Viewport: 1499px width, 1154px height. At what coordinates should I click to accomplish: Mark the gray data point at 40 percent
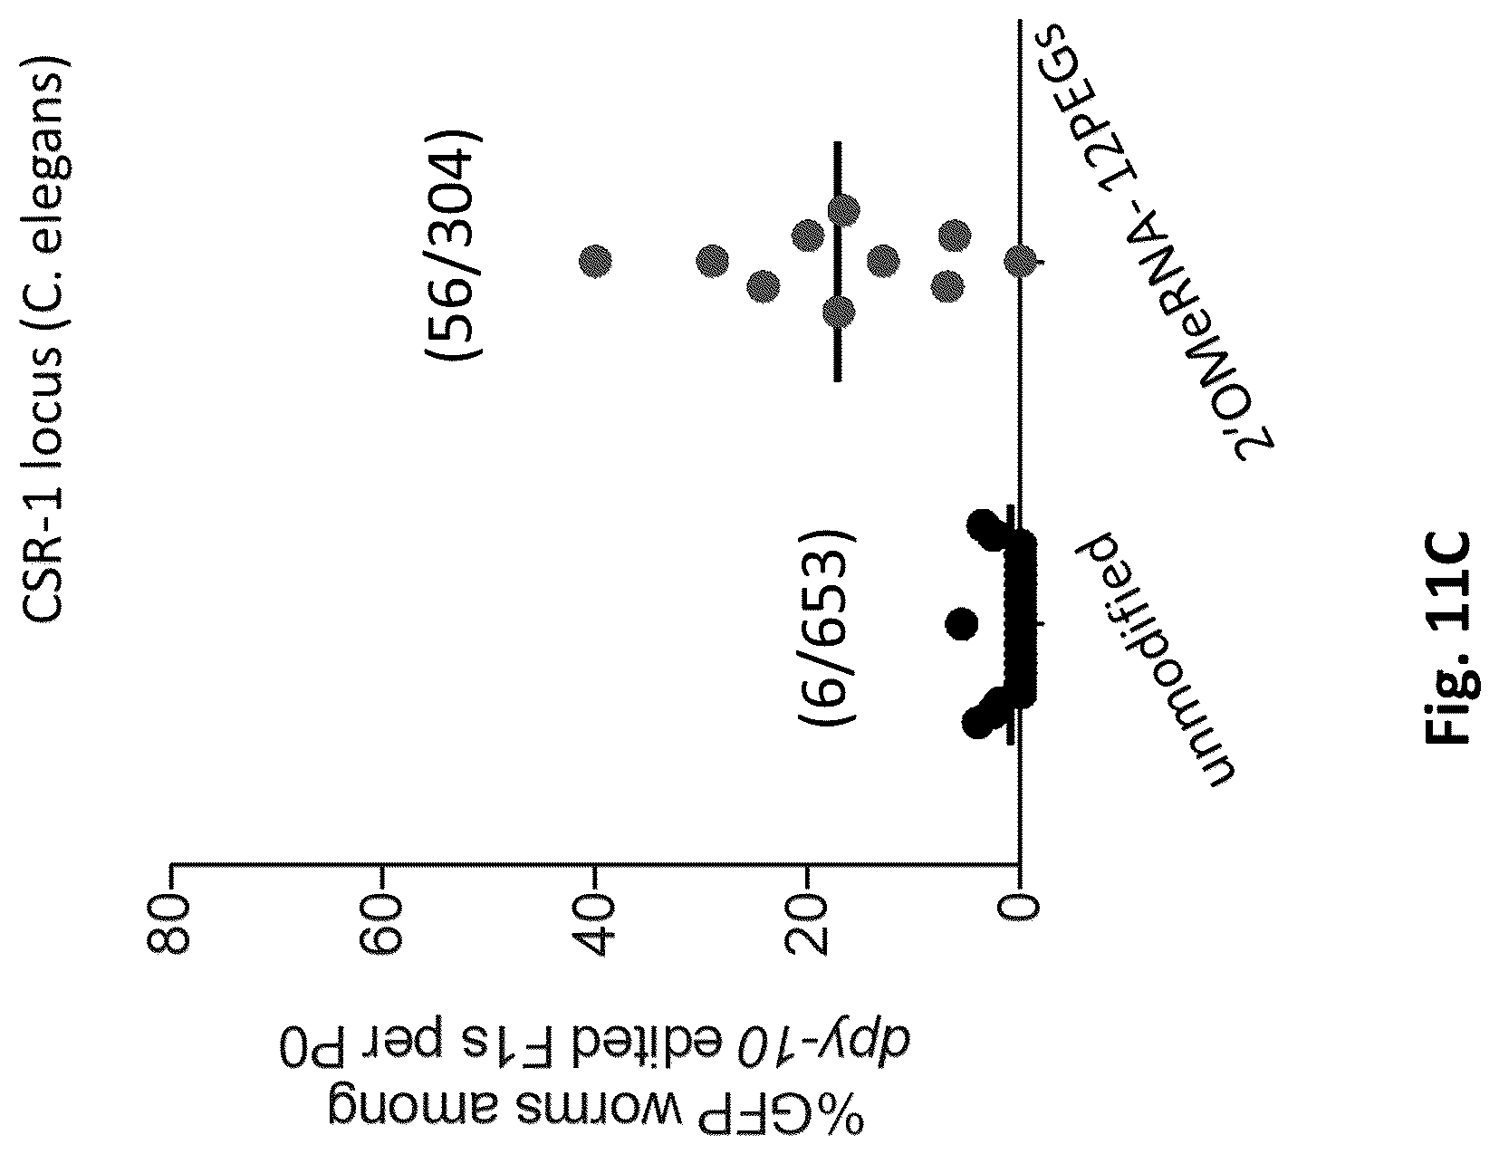pos(595,262)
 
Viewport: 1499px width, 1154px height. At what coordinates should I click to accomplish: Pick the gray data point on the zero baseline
pos(1020,262)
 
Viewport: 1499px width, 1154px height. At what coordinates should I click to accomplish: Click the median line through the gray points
pos(838,262)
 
